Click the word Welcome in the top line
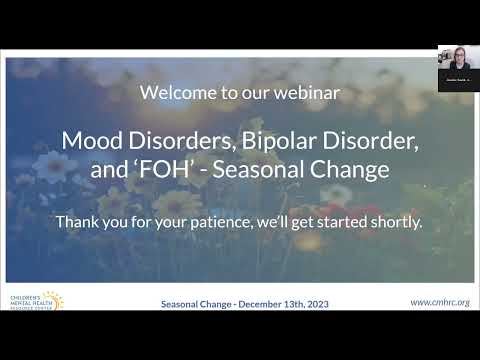click(172, 93)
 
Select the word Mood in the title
click(89, 141)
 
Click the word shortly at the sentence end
click(394, 221)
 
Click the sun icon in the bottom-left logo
click(51, 300)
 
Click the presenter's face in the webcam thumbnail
click(457, 57)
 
